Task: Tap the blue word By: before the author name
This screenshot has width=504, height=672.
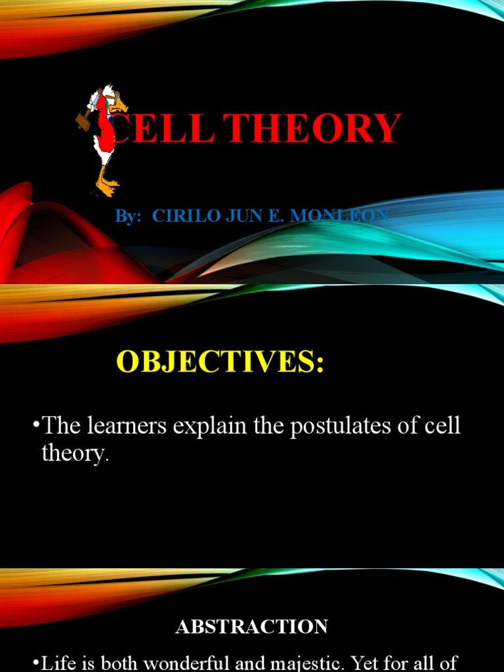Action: [129, 215]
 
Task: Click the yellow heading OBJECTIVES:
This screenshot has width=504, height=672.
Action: [220, 362]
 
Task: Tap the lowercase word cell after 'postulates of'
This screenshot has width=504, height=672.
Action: [443, 426]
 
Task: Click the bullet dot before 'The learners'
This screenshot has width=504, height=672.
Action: [35, 426]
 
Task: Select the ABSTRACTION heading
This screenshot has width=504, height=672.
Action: [251, 627]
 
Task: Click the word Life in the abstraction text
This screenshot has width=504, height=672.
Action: [57, 663]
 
